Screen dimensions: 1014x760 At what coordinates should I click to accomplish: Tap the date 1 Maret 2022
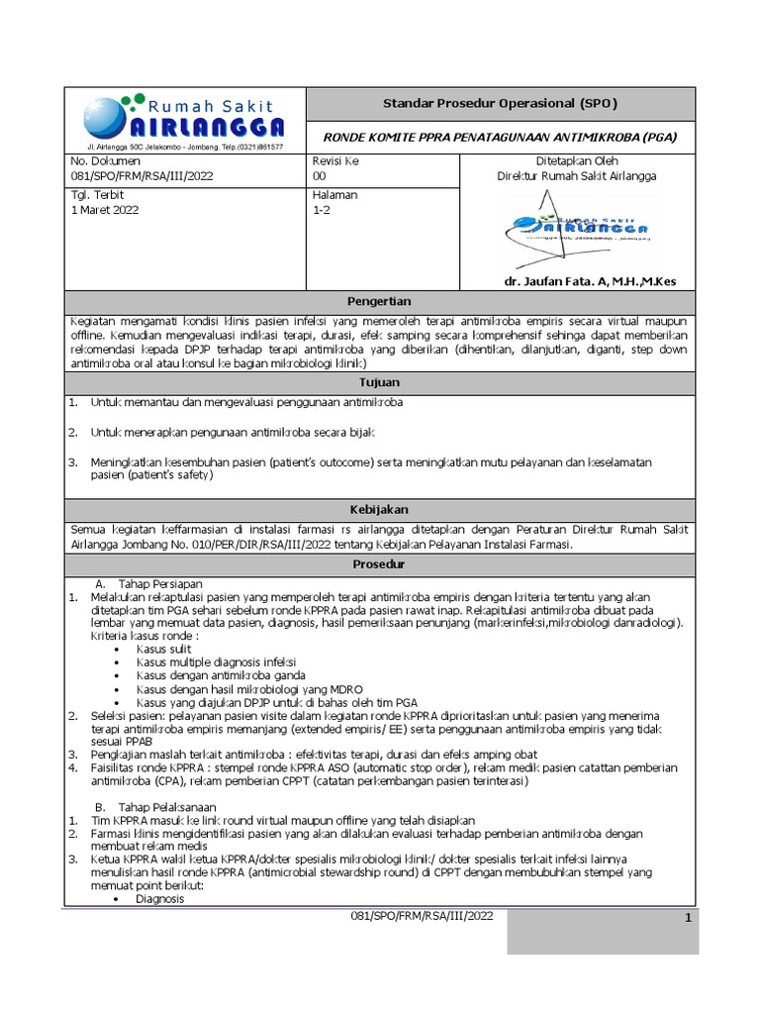[105, 210]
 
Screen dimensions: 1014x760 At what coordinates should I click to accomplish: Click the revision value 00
[320, 176]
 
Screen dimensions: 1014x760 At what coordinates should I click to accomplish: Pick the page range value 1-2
[323, 210]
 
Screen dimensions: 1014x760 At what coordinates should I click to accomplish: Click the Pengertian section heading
[379, 301]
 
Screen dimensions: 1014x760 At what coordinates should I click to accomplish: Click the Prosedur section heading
[379, 563]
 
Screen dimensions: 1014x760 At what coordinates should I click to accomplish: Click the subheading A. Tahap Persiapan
[146, 584]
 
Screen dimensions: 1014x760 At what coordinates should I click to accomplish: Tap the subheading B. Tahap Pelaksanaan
[152, 806]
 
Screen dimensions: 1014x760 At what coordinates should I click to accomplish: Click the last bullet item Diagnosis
[159, 899]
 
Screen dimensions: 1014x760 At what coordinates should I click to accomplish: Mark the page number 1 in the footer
[687, 918]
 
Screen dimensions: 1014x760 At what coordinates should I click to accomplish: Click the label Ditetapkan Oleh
[577, 160]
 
